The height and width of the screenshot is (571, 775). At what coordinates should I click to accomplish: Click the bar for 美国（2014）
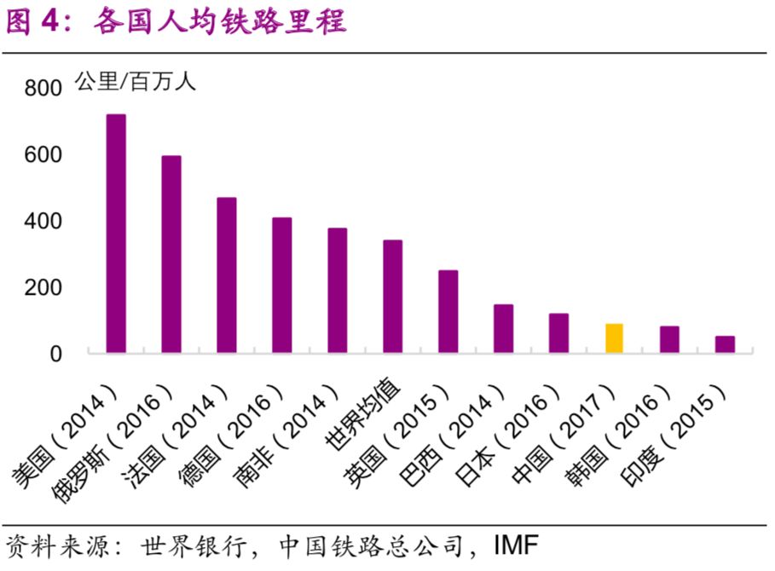(x=116, y=234)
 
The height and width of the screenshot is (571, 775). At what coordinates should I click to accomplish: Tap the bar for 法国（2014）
(x=227, y=275)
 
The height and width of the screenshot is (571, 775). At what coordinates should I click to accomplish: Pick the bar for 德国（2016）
(x=282, y=285)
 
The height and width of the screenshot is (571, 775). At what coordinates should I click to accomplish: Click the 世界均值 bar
(x=392, y=297)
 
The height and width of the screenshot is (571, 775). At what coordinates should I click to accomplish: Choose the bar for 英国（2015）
(x=448, y=312)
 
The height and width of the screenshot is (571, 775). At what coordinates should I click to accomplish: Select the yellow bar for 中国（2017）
(x=614, y=338)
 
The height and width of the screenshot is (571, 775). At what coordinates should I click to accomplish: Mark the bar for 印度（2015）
(x=725, y=344)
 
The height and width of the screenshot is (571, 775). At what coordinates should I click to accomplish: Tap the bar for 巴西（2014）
(x=503, y=329)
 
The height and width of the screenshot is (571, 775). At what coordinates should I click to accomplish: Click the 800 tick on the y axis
(x=43, y=89)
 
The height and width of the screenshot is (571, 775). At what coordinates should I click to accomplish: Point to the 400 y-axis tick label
(x=43, y=222)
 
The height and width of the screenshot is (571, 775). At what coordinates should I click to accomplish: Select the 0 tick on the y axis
(x=56, y=354)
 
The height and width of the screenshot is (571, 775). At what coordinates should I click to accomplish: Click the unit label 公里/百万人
(x=136, y=82)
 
